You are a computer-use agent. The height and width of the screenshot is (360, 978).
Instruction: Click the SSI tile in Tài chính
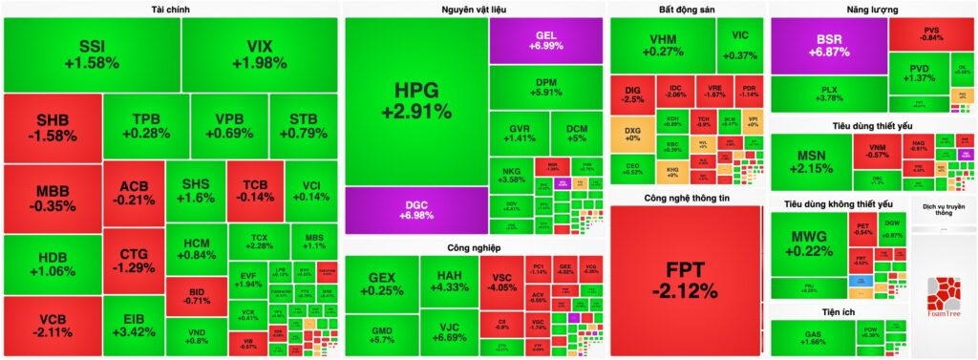click(x=92, y=53)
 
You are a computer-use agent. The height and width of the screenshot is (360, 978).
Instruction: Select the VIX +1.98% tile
click(x=260, y=53)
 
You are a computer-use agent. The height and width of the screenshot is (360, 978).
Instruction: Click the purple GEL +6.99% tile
click(x=546, y=40)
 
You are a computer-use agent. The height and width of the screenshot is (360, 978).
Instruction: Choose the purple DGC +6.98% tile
click(x=415, y=210)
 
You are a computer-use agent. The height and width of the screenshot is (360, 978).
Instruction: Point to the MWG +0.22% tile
click(x=807, y=243)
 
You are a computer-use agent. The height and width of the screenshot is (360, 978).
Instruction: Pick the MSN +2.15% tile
click(x=809, y=161)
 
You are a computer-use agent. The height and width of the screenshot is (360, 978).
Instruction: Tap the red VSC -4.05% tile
click(x=500, y=280)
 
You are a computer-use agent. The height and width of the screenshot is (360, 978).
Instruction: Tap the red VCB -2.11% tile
click(x=52, y=327)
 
